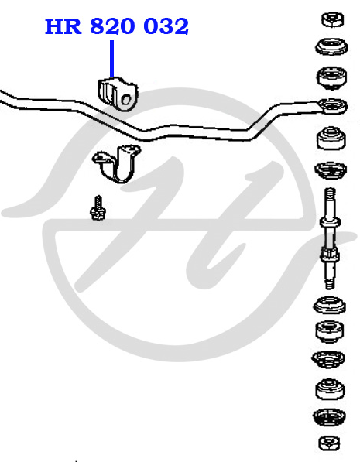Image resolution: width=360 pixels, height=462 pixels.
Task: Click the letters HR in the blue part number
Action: (63, 26)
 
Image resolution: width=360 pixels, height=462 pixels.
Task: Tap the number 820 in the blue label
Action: (112, 26)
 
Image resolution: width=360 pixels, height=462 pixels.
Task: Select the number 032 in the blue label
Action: (166, 26)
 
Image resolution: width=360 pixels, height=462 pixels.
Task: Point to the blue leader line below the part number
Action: (111, 59)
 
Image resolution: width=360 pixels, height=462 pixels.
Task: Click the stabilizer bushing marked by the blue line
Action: (118, 94)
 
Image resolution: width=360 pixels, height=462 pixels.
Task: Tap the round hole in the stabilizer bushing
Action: (126, 99)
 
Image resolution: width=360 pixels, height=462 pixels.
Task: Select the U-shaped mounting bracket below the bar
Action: (117, 164)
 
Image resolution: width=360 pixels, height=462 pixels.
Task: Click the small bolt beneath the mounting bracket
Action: (98, 208)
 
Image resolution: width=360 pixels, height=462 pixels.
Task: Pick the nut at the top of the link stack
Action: (333, 19)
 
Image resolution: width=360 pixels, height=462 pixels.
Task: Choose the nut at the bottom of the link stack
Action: (329, 443)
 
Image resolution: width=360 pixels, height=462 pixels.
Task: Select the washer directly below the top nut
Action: (331, 47)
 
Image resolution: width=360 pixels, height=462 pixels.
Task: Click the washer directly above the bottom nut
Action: (329, 417)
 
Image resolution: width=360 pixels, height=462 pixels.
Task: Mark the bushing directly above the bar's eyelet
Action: (331, 78)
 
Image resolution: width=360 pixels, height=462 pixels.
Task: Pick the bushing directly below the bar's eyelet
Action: (331, 138)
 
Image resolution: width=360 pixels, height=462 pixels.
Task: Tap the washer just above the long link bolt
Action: (331, 170)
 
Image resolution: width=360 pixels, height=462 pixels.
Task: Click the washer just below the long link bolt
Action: (330, 305)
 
